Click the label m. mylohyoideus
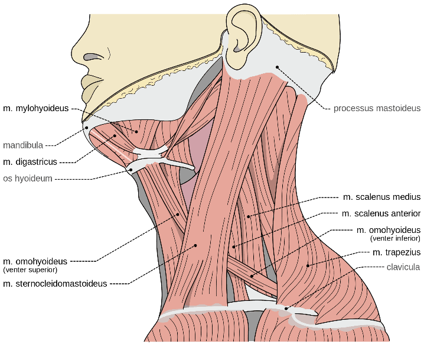click(x=36, y=109)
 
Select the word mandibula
click(x=23, y=145)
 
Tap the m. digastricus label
click(x=30, y=162)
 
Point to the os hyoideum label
click(x=28, y=179)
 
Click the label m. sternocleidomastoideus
click(x=55, y=284)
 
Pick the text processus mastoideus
click(x=377, y=108)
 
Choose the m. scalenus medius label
click(x=382, y=197)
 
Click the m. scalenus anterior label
click(x=381, y=213)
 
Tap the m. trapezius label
click(x=396, y=252)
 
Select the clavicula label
click(x=403, y=267)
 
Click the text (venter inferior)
click(x=395, y=238)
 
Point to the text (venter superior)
click(x=30, y=270)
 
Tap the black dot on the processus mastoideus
click(x=277, y=67)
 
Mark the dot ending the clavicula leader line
click(x=286, y=309)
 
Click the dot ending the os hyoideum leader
click(x=131, y=170)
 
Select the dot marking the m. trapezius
click(x=308, y=266)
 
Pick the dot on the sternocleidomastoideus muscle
click(x=195, y=245)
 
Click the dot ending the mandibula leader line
click(x=87, y=127)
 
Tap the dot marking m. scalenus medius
click(x=249, y=216)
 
